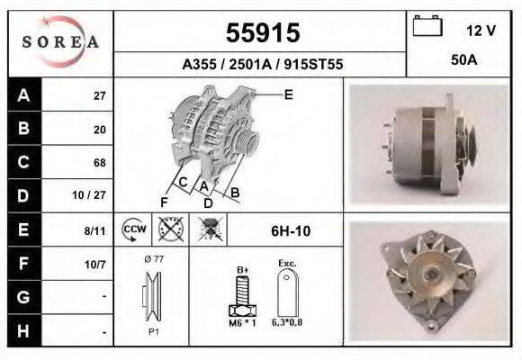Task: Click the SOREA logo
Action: (x=59, y=42)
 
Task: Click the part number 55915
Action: (x=261, y=32)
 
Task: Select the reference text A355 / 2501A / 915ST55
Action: (x=261, y=65)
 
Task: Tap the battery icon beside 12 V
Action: (x=426, y=28)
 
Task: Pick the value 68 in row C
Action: (x=99, y=163)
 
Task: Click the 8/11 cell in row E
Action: (x=94, y=230)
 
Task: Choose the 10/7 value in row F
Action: (x=94, y=264)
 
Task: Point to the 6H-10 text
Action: (x=291, y=231)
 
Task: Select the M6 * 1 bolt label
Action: (x=243, y=322)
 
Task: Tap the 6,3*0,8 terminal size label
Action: (x=288, y=322)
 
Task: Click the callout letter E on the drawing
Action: (x=288, y=94)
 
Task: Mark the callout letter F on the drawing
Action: (x=165, y=201)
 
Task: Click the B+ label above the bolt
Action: (x=242, y=268)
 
